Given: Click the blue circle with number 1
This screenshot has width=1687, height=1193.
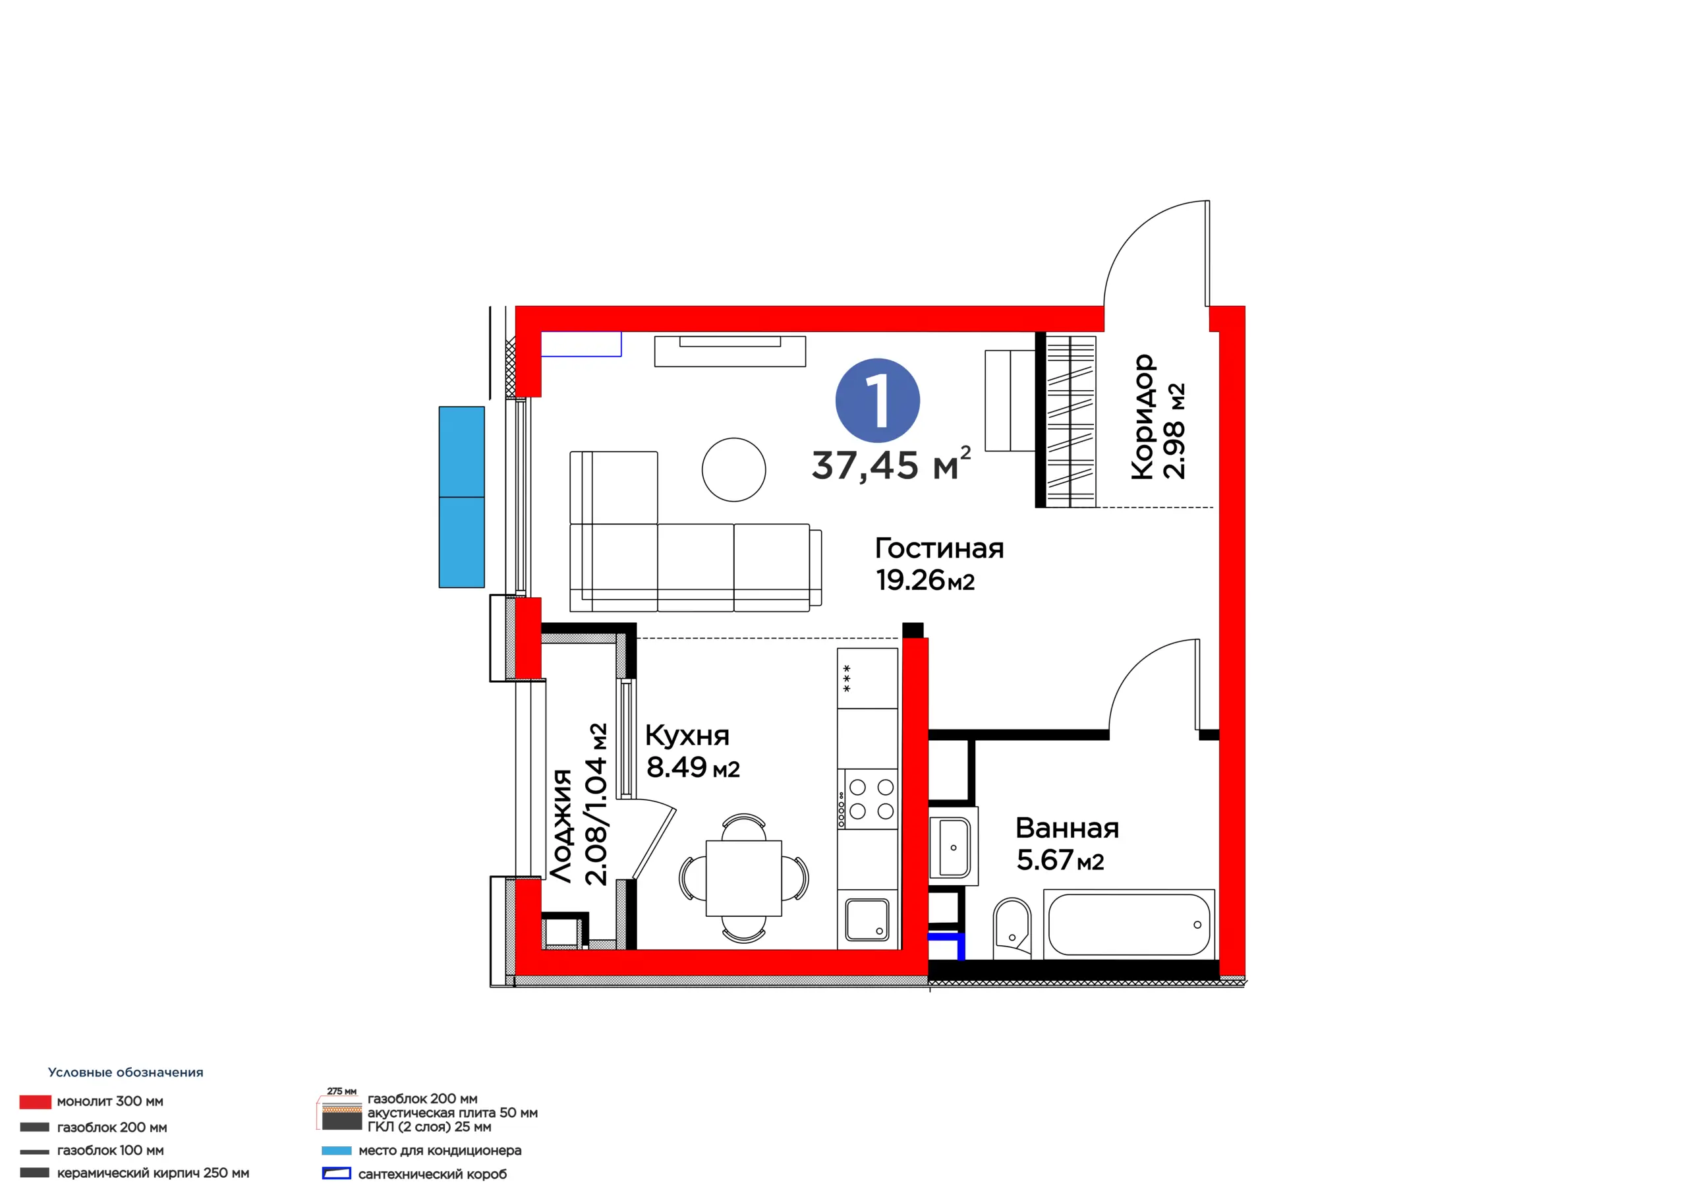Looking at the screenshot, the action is tap(877, 401).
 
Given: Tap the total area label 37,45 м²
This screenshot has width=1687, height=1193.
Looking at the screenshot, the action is tap(891, 464).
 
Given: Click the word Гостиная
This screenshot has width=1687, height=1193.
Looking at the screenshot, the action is tap(939, 548).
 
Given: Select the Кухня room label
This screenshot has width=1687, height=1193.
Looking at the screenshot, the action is tap(687, 735).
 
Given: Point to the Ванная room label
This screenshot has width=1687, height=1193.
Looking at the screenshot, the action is tap(1067, 829).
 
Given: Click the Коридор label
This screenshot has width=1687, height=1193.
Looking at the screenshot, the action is tap(1143, 417).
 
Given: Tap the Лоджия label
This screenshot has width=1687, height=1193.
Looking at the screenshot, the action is tap(561, 825).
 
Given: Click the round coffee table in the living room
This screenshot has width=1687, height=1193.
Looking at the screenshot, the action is tap(733, 470).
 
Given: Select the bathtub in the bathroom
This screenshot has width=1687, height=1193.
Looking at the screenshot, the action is tap(1129, 924).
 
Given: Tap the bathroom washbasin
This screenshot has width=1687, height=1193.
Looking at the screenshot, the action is tap(953, 848).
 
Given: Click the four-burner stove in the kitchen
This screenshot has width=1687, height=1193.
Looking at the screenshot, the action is tap(868, 799).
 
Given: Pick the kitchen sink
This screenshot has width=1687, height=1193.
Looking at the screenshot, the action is tap(867, 919).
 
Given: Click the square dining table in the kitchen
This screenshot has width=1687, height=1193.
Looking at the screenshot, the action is tap(743, 878).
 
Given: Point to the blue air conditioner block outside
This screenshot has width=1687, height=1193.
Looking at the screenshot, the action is tap(461, 497).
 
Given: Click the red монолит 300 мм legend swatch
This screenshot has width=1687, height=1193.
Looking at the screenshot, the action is tap(36, 1102).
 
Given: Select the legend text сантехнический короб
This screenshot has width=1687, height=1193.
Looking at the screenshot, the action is tap(432, 1174).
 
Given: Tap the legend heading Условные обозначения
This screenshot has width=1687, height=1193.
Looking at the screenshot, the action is tap(126, 1072).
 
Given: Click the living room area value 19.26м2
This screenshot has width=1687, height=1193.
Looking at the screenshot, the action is tap(925, 581).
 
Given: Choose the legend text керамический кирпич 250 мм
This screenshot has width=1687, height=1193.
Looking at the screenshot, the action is tap(153, 1173).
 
